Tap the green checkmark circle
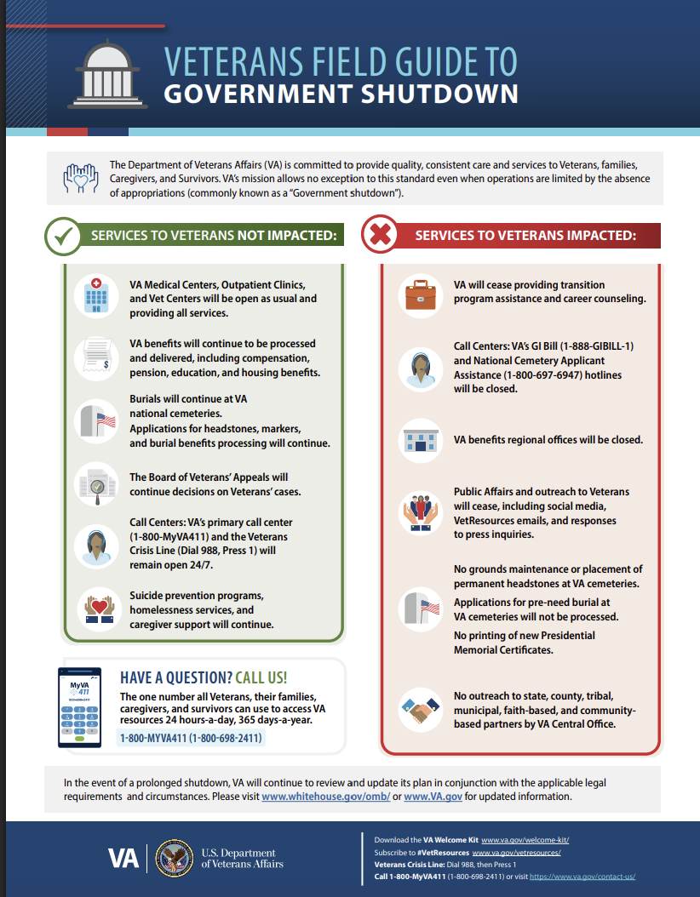tap(63, 235)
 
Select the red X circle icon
tap(382, 235)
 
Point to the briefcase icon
tap(420, 295)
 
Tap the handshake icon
tap(420, 708)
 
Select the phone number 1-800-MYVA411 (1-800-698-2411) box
tap(191, 738)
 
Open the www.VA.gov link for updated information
tap(433, 797)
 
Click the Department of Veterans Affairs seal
tap(175, 858)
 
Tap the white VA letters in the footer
tap(123, 858)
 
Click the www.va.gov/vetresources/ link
tap(516, 852)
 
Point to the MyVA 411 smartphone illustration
tap(79, 707)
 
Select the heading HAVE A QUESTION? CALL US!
tap(204, 678)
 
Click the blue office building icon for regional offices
tap(420, 441)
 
